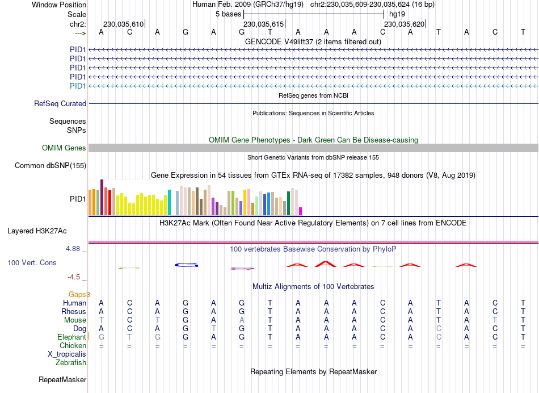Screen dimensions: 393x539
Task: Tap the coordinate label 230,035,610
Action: coord(123,24)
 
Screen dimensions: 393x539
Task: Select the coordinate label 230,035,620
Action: coord(404,24)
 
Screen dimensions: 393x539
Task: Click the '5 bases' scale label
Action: coord(228,14)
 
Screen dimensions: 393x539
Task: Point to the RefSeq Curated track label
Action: coord(60,104)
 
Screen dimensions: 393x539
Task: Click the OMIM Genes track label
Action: coord(64,148)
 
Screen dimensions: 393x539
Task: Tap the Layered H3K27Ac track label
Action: coord(37,231)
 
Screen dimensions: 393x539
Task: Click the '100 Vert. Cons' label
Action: coord(32,263)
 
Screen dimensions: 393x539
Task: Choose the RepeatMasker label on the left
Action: coord(62,379)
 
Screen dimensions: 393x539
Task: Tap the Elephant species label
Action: coord(71,337)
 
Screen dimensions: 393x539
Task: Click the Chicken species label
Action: coord(73,345)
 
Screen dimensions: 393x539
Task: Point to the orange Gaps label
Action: coord(79,294)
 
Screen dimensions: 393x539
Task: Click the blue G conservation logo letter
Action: coord(186,265)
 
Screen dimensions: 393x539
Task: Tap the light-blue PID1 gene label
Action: coord(78,86)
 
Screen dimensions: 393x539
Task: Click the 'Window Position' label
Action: coord(59,5)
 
